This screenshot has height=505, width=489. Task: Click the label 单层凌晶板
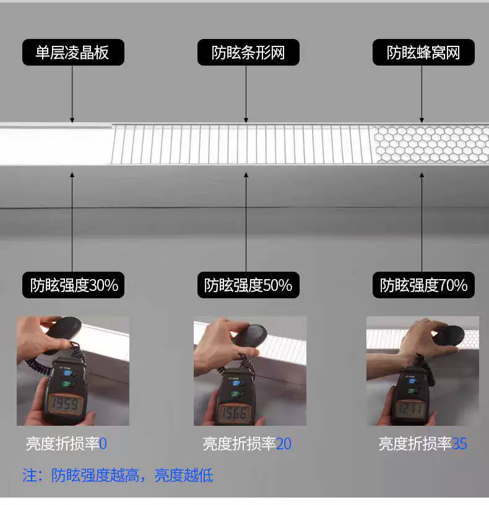(73, 52)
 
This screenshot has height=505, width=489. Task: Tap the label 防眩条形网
(248, 52)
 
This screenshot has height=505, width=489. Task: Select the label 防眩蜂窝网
(423, 52)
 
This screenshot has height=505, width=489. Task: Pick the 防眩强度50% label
(248, 285)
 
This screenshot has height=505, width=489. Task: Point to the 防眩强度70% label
(423, 285)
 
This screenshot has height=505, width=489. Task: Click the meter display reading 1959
(65, 404)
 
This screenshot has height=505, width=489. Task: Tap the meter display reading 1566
(235, 413)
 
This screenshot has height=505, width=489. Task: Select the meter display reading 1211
(410, 409)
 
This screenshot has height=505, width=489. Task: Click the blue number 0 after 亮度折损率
(103, 444)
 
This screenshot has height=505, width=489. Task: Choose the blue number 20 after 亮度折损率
(283, 444)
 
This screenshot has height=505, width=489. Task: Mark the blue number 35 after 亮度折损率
(459, 444)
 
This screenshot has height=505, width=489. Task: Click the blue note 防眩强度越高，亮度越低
(132, 475)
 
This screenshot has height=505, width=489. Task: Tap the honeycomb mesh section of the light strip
(431, 144)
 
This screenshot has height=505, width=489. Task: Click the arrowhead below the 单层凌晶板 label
(72, 121)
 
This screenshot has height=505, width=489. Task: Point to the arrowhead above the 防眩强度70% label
(422, 175)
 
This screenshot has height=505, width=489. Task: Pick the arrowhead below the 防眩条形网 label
(246, 121)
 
